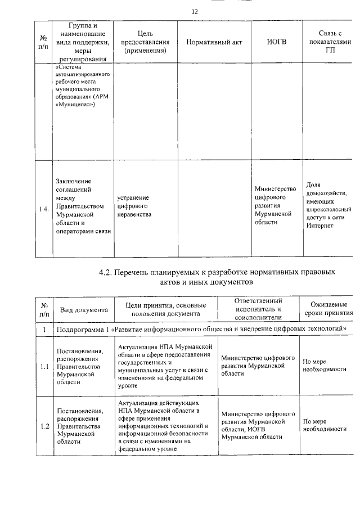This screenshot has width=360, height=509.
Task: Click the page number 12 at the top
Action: (x=195, y=11)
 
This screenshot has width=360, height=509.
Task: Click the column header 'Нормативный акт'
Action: (x=214, y=43)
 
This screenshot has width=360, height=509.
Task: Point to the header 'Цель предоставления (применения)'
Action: (x=146, y=42)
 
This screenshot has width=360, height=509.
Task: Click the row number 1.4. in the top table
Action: (x=45, y=210)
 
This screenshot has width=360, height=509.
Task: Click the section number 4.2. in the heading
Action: (x=106, y=272)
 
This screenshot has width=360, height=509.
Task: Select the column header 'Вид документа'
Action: (x=84, y=309)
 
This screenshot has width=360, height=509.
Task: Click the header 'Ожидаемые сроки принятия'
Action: (x=328, y=309)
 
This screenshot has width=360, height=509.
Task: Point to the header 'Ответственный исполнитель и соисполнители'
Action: (x=258, y=309)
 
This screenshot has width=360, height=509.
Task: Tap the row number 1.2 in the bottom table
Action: (x=44, y=425)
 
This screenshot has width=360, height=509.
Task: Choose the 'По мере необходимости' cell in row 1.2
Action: (x=325, y=425)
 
